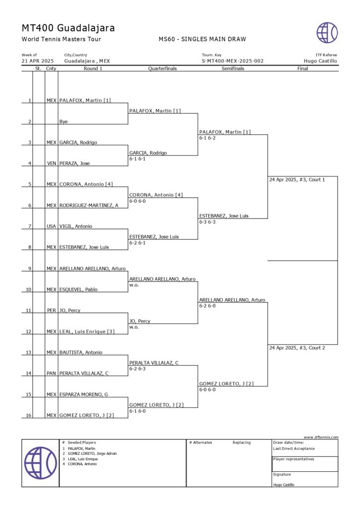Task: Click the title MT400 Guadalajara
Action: [68, 28]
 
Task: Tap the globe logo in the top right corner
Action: [327, 32]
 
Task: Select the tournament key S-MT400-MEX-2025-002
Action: [232, 61]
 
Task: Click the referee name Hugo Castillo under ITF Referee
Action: [320, 61]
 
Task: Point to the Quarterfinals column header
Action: [163, 69]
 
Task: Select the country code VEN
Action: [51, 163]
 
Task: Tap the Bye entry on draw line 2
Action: [64, 121]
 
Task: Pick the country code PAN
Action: [51, 373]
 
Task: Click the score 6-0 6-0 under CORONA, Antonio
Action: [137, 201]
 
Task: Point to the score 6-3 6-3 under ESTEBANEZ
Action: [207, 222]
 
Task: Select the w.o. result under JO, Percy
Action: [134, 327]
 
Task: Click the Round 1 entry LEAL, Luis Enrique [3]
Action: [87, 331]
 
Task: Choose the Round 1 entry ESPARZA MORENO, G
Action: [84, 394]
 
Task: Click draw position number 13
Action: [29, 352]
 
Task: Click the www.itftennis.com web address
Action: [321, 437]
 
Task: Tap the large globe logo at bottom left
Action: [40, 463]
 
